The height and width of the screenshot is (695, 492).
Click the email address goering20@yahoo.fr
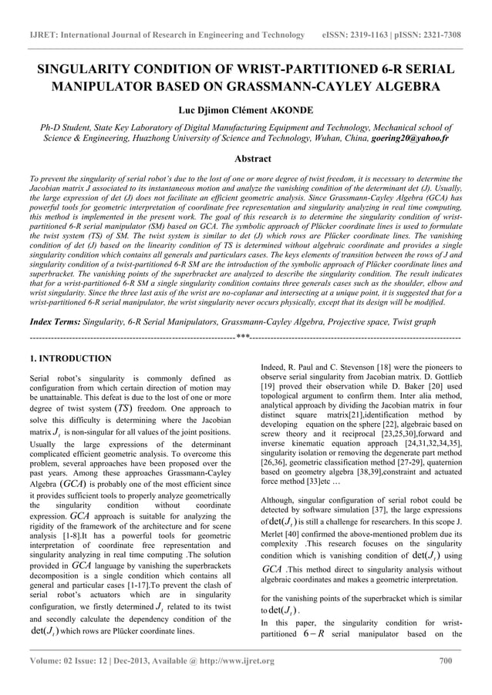[x=416, y=139]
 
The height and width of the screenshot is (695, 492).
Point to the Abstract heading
[x=245, y=159]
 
